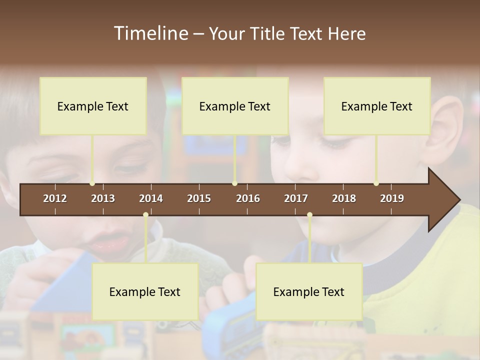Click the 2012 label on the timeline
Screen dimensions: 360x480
[55, 198]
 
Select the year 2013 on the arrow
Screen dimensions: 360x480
[103, 198]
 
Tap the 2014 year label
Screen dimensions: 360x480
[151, 198]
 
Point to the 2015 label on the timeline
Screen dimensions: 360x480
[199, 198]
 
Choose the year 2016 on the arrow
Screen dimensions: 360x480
[248, 198]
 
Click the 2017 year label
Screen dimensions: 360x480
[296, 198]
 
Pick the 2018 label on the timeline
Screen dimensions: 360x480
[344, 198]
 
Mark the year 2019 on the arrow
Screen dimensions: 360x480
[392, 198]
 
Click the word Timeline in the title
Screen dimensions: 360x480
[150, 33]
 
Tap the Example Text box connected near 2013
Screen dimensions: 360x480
[93, 106]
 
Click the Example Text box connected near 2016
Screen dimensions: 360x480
[235, 106]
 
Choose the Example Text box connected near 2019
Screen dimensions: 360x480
[377, 106]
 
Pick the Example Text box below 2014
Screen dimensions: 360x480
[145, 291]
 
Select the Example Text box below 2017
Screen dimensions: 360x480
[309, 291]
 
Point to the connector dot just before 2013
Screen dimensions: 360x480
[92, 183]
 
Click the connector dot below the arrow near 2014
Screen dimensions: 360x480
[145, 215]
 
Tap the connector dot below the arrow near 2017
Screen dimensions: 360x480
[309, 215]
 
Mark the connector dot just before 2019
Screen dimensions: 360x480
[376, 183]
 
